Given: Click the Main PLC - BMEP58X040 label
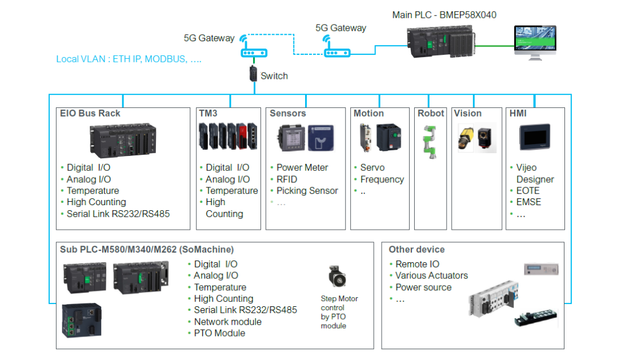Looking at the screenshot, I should [x=444, y=15].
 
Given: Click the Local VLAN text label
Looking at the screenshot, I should [x=129, y=59].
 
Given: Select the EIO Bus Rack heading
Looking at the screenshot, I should [x=90, y=113].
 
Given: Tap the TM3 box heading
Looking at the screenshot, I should [x=208, y=113].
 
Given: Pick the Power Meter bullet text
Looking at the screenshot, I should [x=302, y=167].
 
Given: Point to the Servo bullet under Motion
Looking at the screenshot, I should [x=372, y=167].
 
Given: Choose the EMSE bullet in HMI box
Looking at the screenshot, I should [x=528, y=202].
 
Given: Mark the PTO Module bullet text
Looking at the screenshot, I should [x=219, y=333].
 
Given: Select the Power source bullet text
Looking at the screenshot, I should [x=423, y=287].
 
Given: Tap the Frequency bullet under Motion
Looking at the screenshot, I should [x=382, y=179].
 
